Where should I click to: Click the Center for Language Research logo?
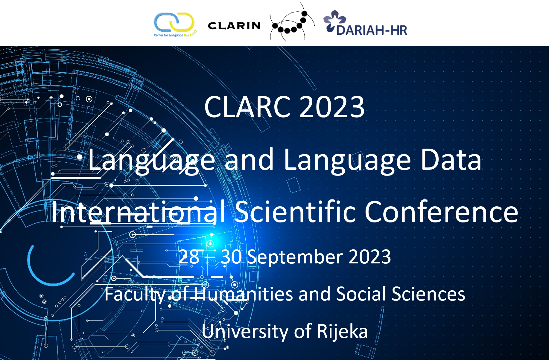click(x=175, y=25)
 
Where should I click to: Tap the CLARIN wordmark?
click(x=234, y=26)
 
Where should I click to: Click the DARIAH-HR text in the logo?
click(x=372, y=30)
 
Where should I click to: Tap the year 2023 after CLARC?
click(x=332, y=107)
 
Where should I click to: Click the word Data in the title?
click(x=451, y=160)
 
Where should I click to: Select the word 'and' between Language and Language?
click(x=249, y=160)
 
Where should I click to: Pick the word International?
click(x=139, y=212)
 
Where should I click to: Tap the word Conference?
click(x=441, y=212)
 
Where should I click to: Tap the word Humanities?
click(x=244, y=294)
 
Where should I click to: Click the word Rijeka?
click(x=342, y=332)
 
